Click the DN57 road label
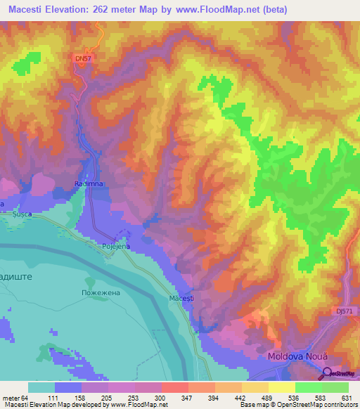(x=83, y=60)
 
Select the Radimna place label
(x=89, y=183)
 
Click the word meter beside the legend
(x=12, y=397)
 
